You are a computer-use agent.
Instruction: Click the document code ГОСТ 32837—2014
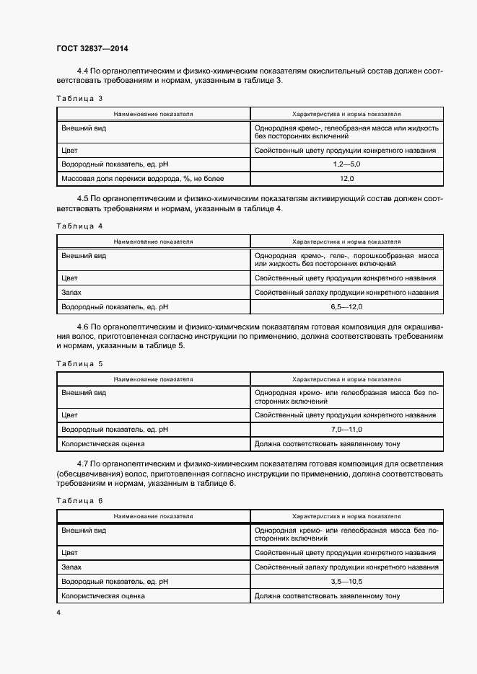click(x=92, y=49)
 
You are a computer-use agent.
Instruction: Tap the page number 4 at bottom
click(x=58, y=612)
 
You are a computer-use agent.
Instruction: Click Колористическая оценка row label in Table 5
click(x=103, y=444)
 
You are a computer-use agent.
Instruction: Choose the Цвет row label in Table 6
click(x=70, y=552)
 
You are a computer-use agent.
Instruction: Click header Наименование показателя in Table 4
click(x=152, y=242)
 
